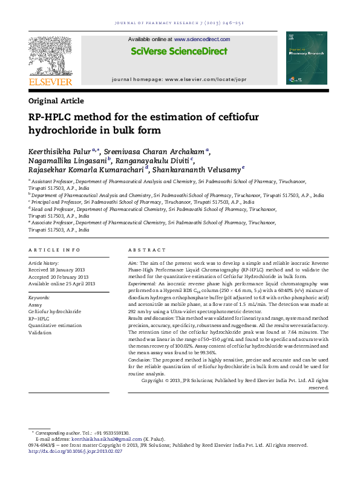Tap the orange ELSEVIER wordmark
point(51,82)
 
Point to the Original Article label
point(56,101)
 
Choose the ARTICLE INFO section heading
point(54,250)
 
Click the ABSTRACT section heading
point(146,250)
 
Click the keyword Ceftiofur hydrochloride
point(54,311)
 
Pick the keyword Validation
point(40,332)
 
